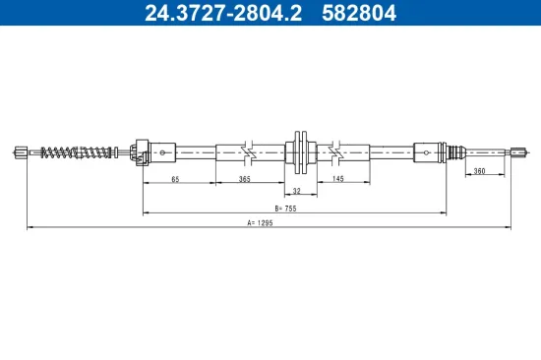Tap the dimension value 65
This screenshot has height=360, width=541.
[x=174, y=180]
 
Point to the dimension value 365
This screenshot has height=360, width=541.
[x=244, y=180]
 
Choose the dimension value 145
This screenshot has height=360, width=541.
[x=337, y=180]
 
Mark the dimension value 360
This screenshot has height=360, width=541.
[x=479, y=172]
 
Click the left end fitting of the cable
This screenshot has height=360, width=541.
[x=23, y=150]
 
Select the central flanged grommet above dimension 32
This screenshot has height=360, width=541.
[x=299, y=150]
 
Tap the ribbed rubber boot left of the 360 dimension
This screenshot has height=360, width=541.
[x=454, y=150]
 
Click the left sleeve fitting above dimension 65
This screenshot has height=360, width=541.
[x=141, y=150]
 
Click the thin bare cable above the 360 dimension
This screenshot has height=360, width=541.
[x=486, y=150]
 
